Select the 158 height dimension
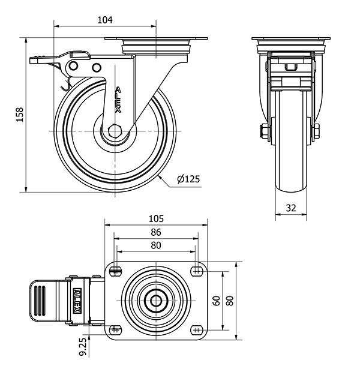point(20,115)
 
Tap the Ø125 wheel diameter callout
point(188,179)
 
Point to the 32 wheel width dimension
point(291,208)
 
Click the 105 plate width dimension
point(156,219)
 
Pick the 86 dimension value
point(156,232)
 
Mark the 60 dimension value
point(217,300)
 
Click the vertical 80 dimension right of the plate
point(230,300)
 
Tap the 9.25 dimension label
point(83,346)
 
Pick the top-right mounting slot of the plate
point(196,270)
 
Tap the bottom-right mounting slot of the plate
point(196,329)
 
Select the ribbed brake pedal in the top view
point(41,298)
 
